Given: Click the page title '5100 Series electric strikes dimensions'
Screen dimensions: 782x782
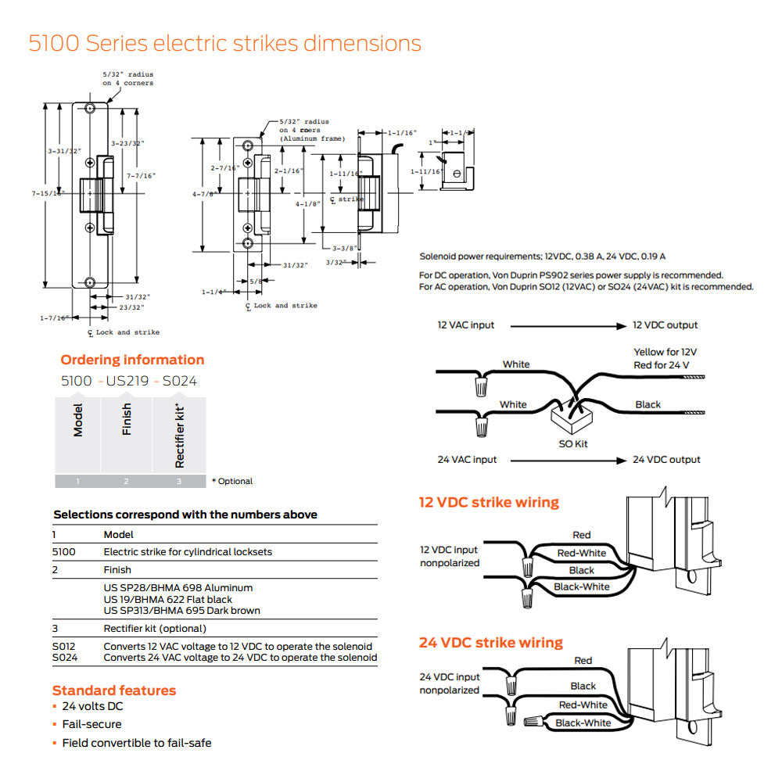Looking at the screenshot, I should pos(224,43).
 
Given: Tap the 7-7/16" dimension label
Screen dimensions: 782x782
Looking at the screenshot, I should pos(142,176).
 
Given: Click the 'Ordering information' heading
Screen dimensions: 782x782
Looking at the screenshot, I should pos(132,360).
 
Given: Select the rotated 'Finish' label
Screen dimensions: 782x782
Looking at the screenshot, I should pos(127,420).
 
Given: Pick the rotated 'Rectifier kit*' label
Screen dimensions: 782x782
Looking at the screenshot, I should pos(179,435).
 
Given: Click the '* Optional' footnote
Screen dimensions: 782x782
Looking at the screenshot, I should pos(232,481).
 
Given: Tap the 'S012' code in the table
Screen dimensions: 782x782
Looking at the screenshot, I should pos(64,647).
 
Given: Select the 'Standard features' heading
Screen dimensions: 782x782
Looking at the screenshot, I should pos(114,691).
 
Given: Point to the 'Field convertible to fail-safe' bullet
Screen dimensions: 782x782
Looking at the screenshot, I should pos(137,743).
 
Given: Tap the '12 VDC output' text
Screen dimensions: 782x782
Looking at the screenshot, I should pos(665,325).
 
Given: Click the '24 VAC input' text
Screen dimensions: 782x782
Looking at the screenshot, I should pos(467,460).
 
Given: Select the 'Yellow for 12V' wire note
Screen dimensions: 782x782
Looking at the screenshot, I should pos(665,352).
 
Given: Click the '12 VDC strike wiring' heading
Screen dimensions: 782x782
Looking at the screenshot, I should pos(489,502).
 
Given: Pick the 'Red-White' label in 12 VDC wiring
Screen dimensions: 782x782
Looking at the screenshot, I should pos(581,553).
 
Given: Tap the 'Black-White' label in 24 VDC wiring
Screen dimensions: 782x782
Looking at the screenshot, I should pos(583,723).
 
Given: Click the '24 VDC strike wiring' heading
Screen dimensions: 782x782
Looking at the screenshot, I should pos(490,643).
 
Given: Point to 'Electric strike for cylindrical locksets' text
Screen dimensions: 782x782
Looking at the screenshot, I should pos(188,552).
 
